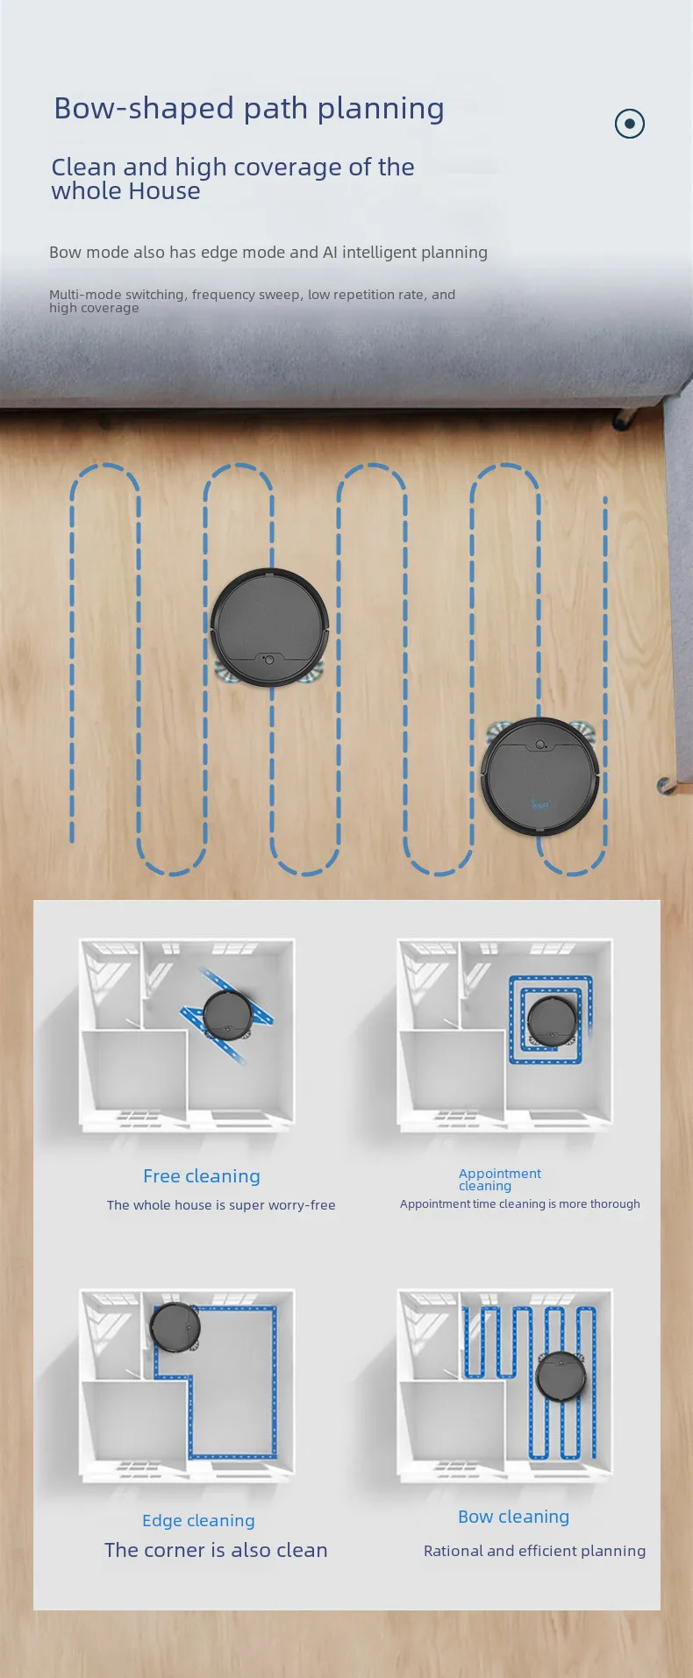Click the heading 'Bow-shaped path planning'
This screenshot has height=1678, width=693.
pos(249,109)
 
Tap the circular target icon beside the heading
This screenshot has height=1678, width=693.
pos(630,124)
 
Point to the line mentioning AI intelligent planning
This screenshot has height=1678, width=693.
pos(268,253)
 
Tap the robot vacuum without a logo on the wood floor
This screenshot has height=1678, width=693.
pos(270,627)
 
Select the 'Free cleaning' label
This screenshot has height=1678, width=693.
pos(202,1176)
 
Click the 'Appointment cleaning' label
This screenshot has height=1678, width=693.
pos(500,1180)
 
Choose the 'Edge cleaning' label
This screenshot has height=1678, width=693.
pos(199,1521)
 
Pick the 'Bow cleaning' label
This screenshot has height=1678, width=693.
pos(514,1517)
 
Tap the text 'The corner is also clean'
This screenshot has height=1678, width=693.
pos(216,1550)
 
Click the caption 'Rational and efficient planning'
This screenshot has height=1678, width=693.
pos(535,1551)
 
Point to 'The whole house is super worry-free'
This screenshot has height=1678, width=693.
pos(221,1205)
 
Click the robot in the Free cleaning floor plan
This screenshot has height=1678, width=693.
pos(228,1016)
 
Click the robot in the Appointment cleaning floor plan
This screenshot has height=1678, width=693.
pos(553,1021)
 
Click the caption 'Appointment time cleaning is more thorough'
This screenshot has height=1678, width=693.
pos(520,1204)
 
